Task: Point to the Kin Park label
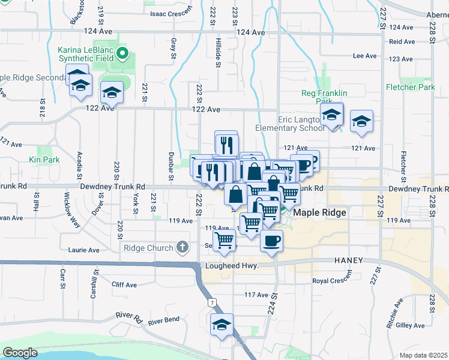click(x=44, y=160)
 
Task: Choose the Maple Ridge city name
click(x=318, y=212)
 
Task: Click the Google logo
click(x=20, y=353)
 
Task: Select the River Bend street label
click(x=164, y=321)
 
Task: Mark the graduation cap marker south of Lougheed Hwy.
click(x=221, y=325)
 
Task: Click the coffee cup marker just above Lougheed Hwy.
click(x=271, y=241)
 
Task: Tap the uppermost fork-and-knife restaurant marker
click(x=227, y=144)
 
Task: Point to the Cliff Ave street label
click(x=125, y=285)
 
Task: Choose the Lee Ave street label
click(x=364, y=56)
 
